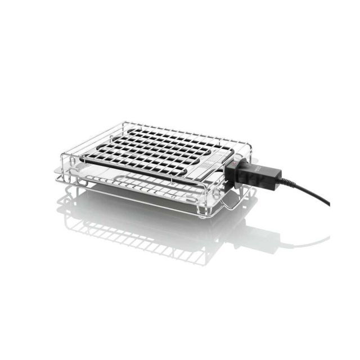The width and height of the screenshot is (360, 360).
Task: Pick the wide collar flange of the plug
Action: pyautogui.click(x=236, y=172)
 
